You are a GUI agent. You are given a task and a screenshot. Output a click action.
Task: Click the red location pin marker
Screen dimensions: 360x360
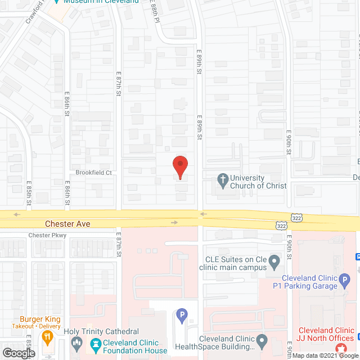point(179,167)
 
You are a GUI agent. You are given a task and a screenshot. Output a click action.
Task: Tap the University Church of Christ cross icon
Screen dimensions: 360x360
point(223,181)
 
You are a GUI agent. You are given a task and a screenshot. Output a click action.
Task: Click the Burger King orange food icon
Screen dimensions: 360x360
point(47,338)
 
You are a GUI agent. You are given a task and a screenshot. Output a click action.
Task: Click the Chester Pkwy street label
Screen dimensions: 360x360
point(47,236)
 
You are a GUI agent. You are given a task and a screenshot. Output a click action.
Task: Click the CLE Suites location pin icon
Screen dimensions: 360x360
point(274,261)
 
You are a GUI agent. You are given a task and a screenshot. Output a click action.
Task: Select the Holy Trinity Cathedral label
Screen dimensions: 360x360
point(101,332)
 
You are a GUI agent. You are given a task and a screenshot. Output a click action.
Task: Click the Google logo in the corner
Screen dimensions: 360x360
point(19,353)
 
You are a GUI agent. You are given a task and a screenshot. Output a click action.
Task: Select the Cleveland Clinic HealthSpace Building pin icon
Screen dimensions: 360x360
point(262,340)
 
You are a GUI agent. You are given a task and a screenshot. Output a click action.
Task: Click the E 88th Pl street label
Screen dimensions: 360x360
point(156,12)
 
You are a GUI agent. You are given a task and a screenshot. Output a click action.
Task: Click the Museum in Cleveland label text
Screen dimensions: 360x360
point(101,2)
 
